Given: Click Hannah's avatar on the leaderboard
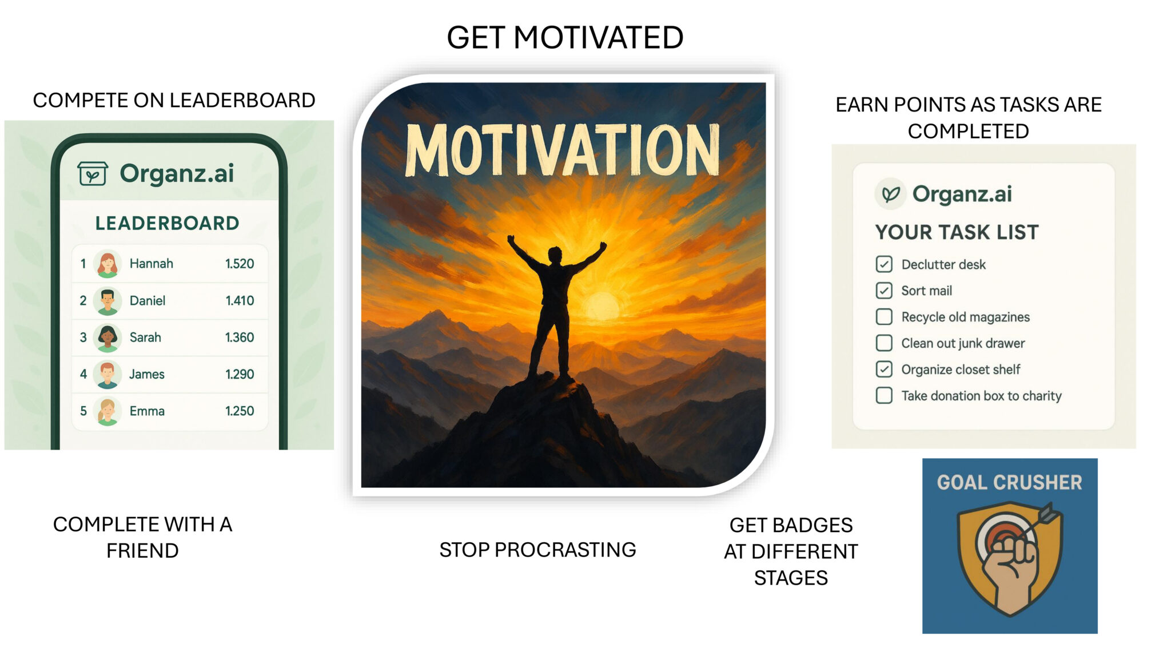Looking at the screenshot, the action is click(x=107, y=264).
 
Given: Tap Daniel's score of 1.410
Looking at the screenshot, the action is click(x=240, y=300).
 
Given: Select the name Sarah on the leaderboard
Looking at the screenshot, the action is click(x=145, y=338).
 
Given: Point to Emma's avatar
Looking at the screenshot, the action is click(x=107, y=411).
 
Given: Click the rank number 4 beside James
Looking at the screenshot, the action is click(x=83, y=374).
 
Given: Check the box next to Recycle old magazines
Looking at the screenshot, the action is click(x=884, y=316).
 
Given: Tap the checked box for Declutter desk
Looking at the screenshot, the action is click(x=884, y=264).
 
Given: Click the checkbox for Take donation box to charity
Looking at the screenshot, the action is click(x=884, y=395).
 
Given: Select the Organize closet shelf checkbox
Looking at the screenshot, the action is click(x=884, y=369).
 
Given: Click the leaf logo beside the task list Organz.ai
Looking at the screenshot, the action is click(x=890, y=194).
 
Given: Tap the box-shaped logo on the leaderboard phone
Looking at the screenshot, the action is click(x=93, y=173).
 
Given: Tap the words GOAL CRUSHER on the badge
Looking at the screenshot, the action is click(x=1010, y=483).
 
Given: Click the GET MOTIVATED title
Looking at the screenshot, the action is click(x=565, y=38).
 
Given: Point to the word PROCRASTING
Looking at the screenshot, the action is click(x=565, y=550).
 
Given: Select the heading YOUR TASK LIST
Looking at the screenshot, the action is click(x=957, y=232).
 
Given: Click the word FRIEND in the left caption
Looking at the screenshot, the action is click(x=142, y=551).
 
